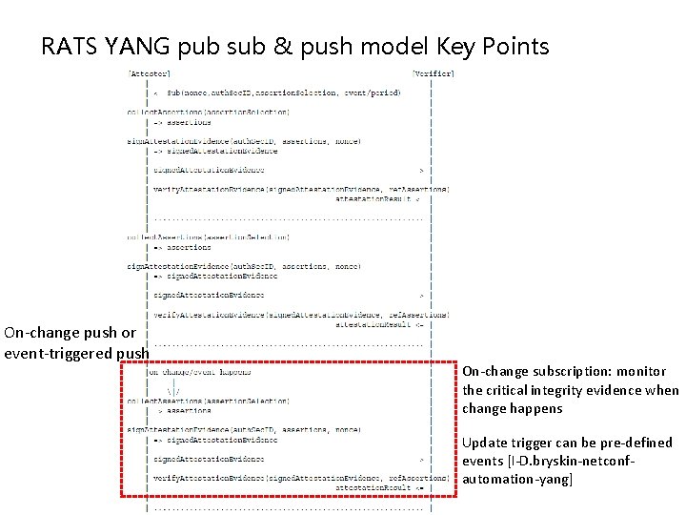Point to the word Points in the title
(514, 46)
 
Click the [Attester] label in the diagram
(150, 72)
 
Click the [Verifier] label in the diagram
(433, 72)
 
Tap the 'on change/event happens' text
(200, 372)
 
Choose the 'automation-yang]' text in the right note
(517, 479)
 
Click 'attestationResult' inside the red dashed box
(373, 486)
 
